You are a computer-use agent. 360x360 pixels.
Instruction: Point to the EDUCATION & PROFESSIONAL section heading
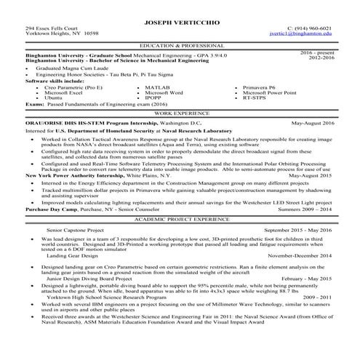click(x=180, y=44)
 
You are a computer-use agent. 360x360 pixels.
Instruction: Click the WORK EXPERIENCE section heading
click(x=180, y=114)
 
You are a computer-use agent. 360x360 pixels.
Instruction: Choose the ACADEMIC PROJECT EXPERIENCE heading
click(x=180, y=217)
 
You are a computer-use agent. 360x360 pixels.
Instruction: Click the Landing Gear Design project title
click(x=67, y=256)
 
